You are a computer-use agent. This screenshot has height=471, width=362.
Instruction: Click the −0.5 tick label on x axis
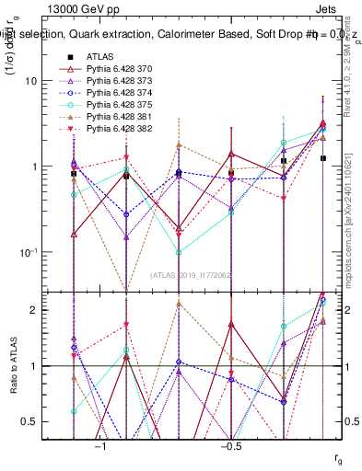(231, 443)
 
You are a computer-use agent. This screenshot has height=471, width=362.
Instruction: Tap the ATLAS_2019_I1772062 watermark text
(193, 275)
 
